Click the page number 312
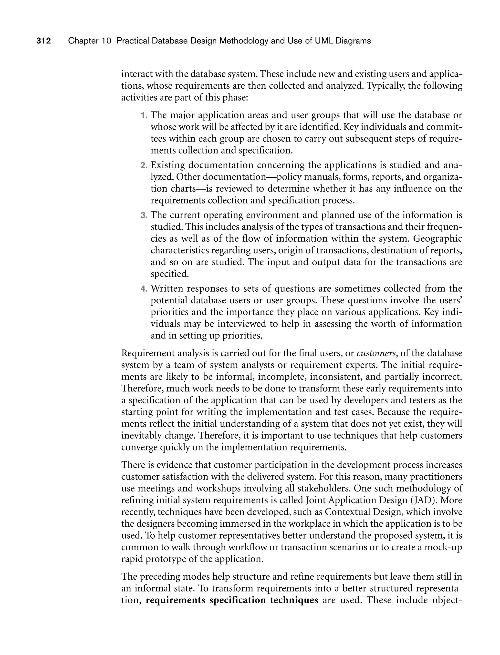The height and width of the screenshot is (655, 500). pyautogui.click(x=43, y=41)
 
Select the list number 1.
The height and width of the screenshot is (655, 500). pyautogui.click(x=144, y=115)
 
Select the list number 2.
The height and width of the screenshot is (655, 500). pyautogui.click(x=144, y=165)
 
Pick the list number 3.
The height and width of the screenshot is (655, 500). pyautogui.click(x=144, y=215)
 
